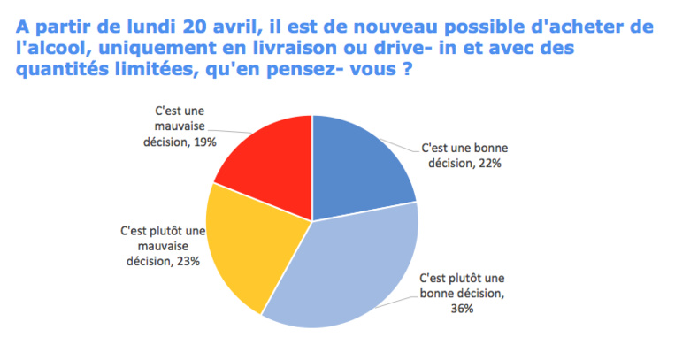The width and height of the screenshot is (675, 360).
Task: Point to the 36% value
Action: (462, 309)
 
